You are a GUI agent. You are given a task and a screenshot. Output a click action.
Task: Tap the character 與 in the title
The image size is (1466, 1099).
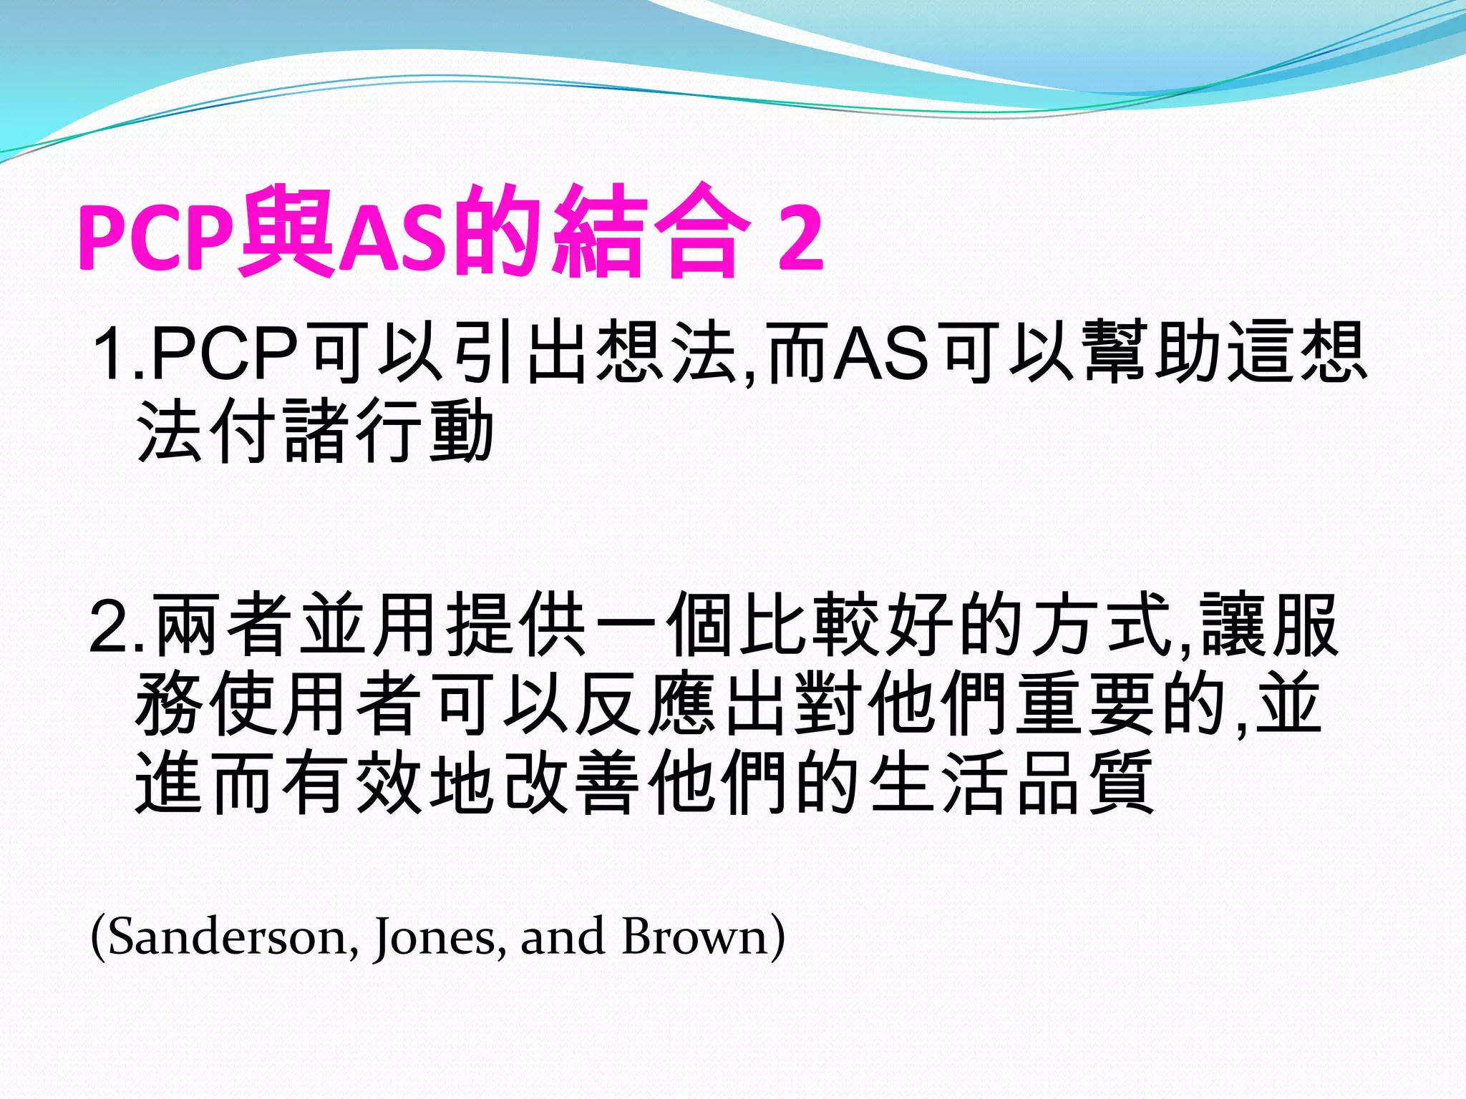click(x=286, y=230)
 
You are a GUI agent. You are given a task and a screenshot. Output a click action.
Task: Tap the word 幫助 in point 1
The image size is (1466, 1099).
click(x=1152, y=352)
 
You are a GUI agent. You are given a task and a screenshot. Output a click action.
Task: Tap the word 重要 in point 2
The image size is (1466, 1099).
click(x=1085, y=704)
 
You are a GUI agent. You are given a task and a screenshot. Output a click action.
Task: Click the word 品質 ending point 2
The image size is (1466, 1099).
click(x=1085, y=783)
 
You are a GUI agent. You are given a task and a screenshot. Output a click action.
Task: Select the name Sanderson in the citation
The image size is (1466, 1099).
click(x=229, y=937)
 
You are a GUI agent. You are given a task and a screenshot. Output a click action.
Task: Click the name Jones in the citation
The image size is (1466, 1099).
click(x=434, y=937)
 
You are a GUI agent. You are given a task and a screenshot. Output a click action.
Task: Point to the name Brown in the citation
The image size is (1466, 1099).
click(x=694, y=937)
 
